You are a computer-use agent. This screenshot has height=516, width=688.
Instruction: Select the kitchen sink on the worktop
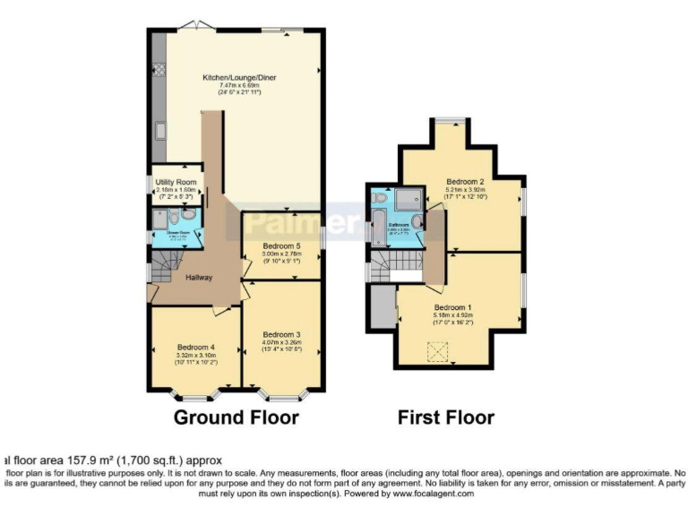tap(159, 132)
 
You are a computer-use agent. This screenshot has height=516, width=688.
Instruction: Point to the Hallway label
tap(199, 278)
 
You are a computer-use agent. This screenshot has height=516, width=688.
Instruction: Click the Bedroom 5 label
tap(282, 246)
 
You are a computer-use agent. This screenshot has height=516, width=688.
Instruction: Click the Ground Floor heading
tap(236, 417)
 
